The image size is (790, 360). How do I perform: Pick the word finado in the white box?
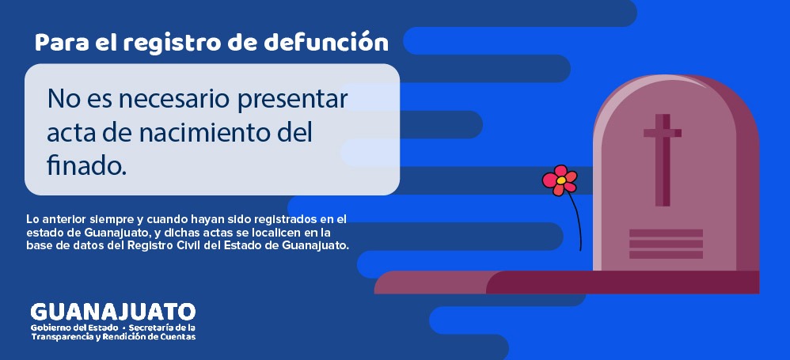(86, 165)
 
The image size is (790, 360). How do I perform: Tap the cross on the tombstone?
(662, 159)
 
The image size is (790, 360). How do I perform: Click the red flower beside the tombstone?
(560, 180)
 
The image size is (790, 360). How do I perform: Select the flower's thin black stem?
(575, 222)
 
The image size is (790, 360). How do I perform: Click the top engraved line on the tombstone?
(666, 233)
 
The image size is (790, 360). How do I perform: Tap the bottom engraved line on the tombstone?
(666, 254)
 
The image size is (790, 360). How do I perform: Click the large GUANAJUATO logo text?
(112, 311)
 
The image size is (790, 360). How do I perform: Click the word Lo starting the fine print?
(32, 218)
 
